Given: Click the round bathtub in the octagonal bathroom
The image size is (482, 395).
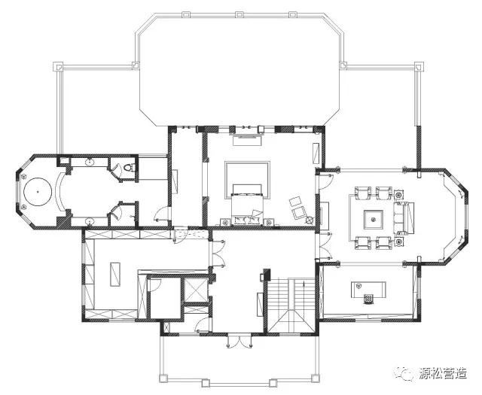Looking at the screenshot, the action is pyautogui.click(x=38, y=192).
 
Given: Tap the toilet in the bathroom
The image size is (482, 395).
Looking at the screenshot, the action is pyautogui.click(x=129, y=167).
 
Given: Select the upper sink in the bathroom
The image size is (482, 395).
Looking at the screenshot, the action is pyautogui.click(x=90, y=162).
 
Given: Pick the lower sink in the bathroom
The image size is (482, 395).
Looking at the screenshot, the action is pyautogui.click(x=90, y=221).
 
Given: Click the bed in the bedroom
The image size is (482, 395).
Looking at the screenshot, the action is pyautogui.click(x=248, y=204).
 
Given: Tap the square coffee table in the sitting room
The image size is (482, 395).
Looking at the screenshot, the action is pyautogui.click(x=374, y=220).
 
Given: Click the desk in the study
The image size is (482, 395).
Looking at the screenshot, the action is pyautogui.click(x=368, y=290).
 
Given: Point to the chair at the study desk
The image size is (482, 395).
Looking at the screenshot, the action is pyautogui.click(x=368, y=299).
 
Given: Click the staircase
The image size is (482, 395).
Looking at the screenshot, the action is pyautogui.click(x=291, y=305).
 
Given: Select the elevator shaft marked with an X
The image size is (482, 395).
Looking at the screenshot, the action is pyautogui.click(x=196, y=290).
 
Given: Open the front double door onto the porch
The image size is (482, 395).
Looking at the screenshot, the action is pyautogui.click(x=239, y=341).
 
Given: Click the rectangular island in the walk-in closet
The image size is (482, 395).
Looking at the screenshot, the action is pyautogui.click(x=115, y=275).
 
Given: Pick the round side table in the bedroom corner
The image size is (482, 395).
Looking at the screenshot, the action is pyautogui.click(x=310, y=220).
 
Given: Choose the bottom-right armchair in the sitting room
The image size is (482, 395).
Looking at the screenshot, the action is pyautogui.click(x=384, y=243).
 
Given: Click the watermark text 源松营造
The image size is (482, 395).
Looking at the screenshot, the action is pyautogui.click(x=443, y=373).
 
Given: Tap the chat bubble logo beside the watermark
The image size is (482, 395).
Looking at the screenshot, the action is pyautogui.click(x=404, y=373).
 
